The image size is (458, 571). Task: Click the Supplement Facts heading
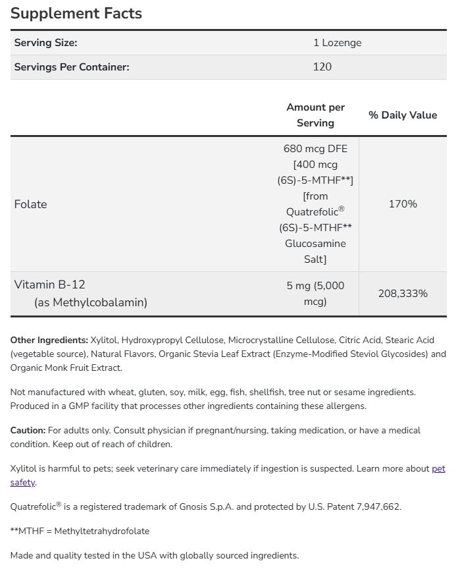76,14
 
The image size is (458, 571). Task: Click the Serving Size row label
45,43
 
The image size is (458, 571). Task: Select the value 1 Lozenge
337,43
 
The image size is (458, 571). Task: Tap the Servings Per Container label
72,67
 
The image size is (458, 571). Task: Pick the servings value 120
322,67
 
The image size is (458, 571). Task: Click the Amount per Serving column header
315,115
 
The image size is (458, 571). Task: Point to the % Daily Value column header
402,115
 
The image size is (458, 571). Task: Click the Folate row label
30,204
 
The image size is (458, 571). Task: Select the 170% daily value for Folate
403,204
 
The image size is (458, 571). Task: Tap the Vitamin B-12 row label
50,285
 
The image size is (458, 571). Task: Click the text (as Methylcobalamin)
91,303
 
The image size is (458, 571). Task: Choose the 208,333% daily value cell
403,294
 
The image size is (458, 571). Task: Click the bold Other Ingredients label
49,340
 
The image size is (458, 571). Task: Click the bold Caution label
28,430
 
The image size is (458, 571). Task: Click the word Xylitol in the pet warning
24,469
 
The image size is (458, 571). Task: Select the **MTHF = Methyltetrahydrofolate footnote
84,531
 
